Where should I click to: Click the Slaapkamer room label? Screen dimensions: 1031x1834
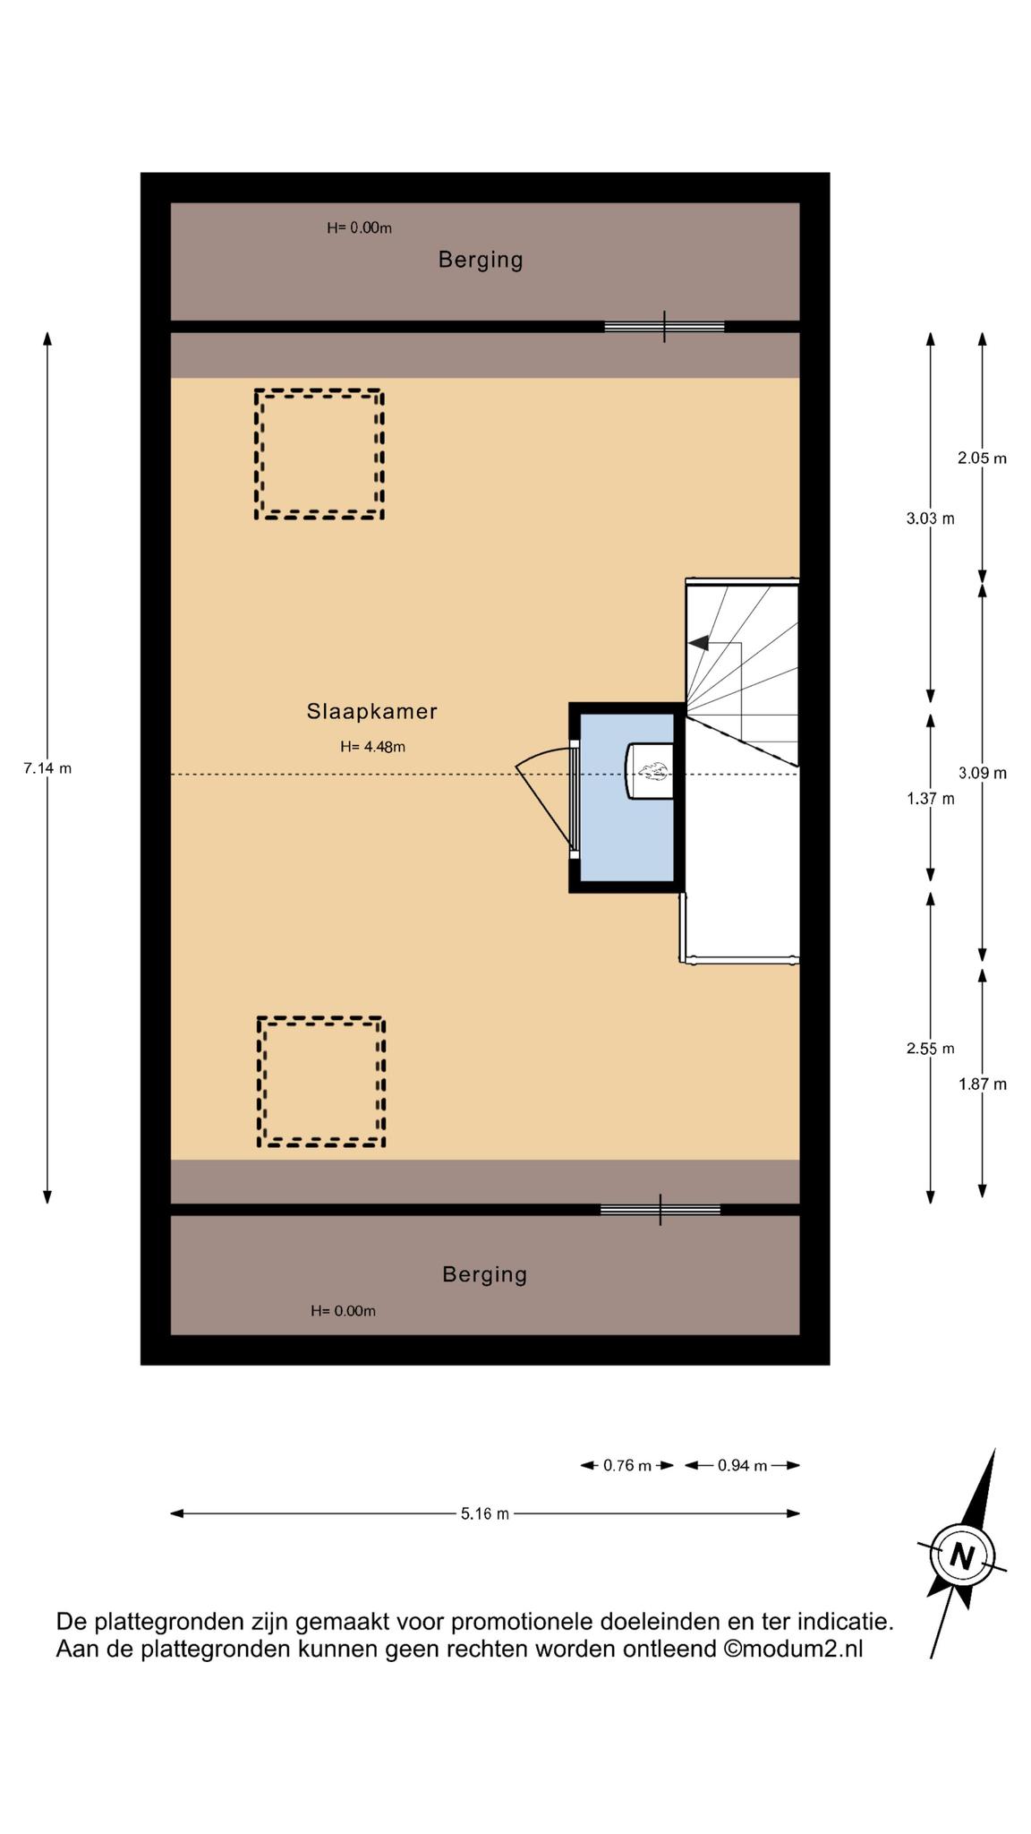point(371,711)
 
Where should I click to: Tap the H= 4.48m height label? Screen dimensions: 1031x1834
point(372,746)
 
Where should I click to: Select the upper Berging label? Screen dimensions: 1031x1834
point(481,260)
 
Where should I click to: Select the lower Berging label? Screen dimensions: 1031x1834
point(484,1274)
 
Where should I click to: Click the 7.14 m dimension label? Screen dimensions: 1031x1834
point(47,767)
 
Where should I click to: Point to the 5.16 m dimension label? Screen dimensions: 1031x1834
point(485,1513)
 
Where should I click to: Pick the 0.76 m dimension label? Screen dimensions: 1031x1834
point(626,1465)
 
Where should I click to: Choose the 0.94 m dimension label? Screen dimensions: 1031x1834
point(743,1465)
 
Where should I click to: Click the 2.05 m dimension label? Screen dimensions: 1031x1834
point(982,458)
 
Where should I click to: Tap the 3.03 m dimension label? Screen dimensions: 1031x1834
point(931,518)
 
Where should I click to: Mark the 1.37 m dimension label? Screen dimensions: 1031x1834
point(931,798)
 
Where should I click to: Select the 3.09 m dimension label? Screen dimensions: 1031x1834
point(982,773)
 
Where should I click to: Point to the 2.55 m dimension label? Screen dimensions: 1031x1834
point(931,1049)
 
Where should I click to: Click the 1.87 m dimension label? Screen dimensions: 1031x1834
point(982,1084)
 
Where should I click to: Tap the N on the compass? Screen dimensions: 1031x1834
point(962,1555)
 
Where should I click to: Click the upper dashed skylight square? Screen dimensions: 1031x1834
point(320,391)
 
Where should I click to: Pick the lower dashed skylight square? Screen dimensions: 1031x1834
point(321,1019)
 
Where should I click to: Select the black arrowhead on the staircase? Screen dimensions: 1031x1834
point(698,642)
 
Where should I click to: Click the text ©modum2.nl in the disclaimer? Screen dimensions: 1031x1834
point(794,1649)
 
